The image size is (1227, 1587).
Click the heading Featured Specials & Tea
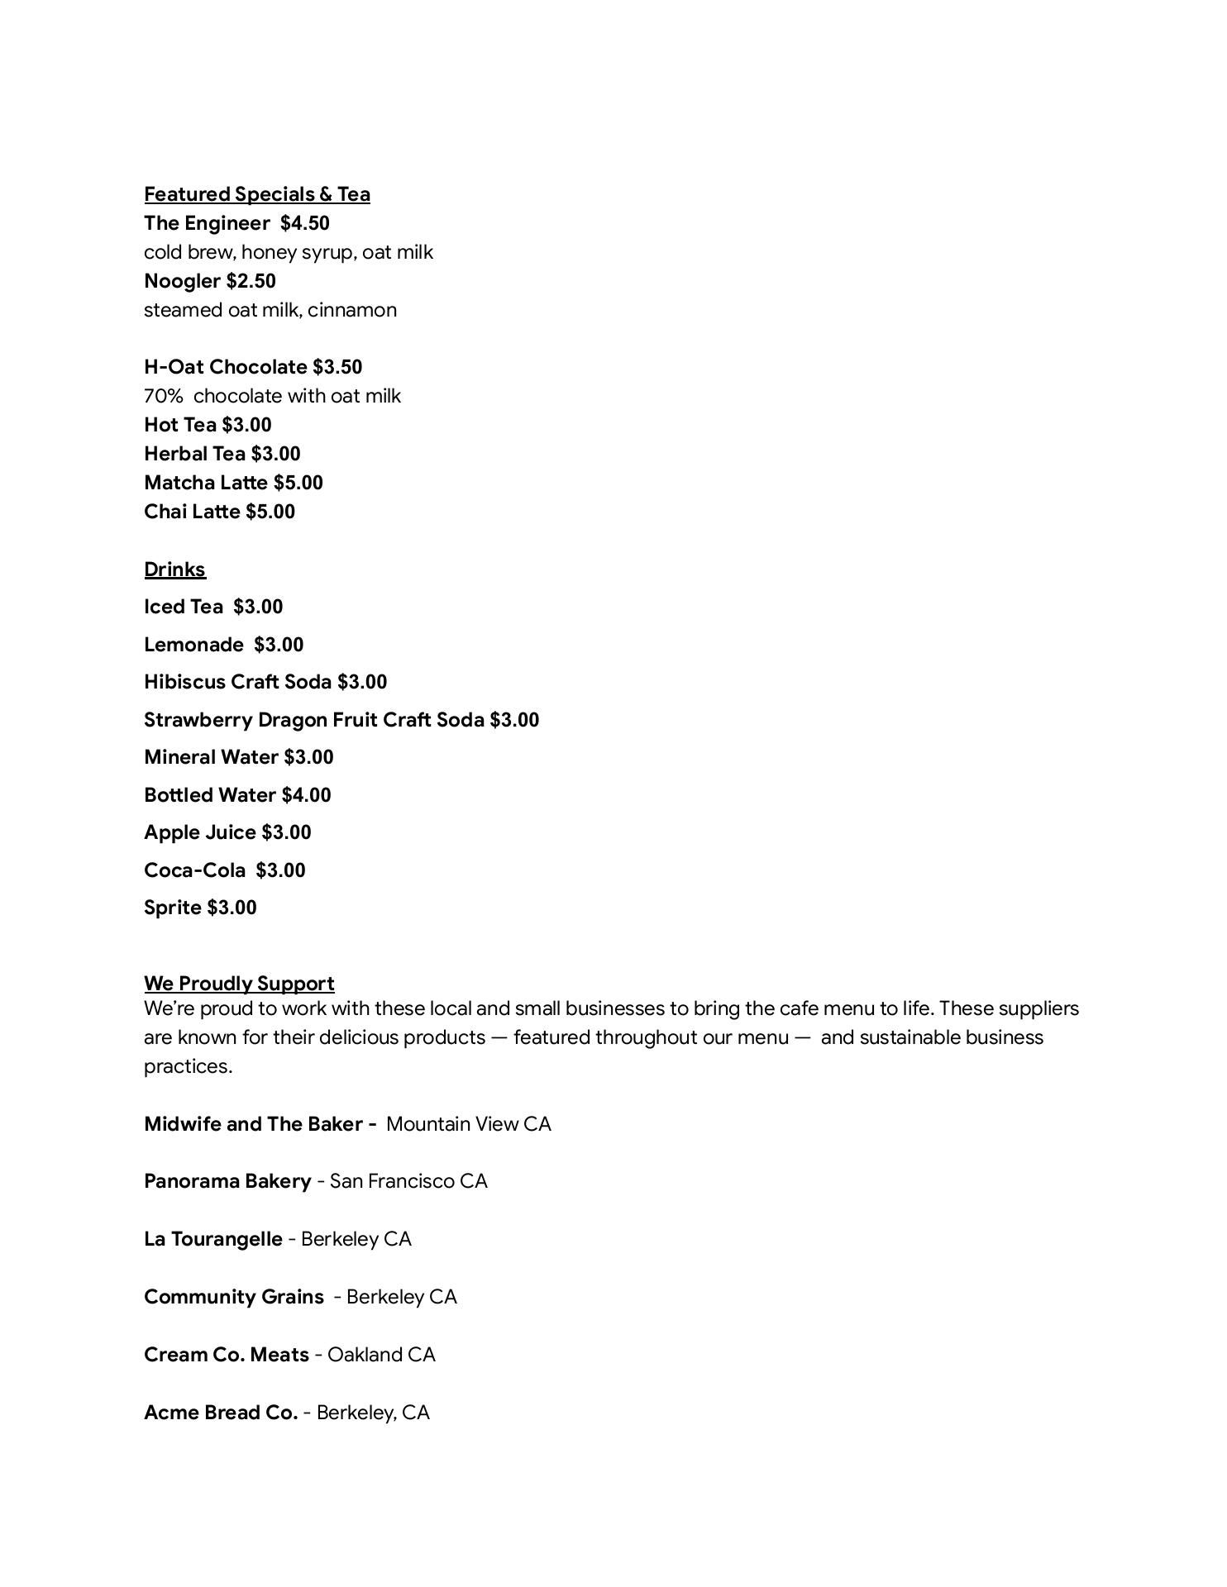(x=256, y=194)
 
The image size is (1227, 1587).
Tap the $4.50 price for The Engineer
(x=304, y=223)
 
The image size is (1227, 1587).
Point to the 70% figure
(x=163, y=396)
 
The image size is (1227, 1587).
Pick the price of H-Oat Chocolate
(x=337, y=367)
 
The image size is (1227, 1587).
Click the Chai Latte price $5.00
(x=270, y=512)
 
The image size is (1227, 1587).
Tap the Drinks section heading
(x=174, y=570)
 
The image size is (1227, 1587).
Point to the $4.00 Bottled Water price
(x=306, y=795)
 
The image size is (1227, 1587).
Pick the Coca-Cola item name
(x=194, y=870)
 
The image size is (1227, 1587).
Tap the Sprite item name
(x=173, y=908)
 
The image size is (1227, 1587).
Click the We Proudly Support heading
(x=239, y=984)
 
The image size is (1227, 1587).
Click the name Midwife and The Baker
(x=253, y=1124)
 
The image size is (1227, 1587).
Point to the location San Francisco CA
(x=408, y=1181)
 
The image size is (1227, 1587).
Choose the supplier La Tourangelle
(x=212, y=1239)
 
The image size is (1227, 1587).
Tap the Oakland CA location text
(x=381, y=1355)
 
